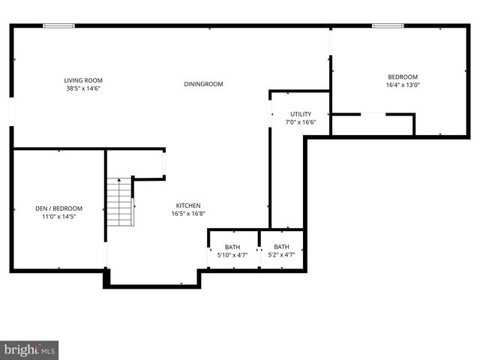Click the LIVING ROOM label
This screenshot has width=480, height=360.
pyautogui.click(x=82, y=80)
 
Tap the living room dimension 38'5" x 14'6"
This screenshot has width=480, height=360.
pyautogui.click(x=82, y=88)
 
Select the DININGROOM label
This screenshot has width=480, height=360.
pyautogui.click(x=203, y=84)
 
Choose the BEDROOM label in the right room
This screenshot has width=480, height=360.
pyautogui.click(x=403, y=77)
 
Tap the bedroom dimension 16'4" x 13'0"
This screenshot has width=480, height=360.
pyautogui.click(x=403, y=85)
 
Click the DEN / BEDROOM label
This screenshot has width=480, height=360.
pyautogui.click(x=58, y=208)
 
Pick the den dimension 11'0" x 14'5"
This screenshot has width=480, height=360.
pyautogui.click(x=58, y=217)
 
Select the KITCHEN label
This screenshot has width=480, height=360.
pyautogui.click(x=188, y=205)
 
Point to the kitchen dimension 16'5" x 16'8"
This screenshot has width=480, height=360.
pyautogui.click(x=188, y=214)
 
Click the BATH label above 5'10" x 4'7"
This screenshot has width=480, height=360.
pyautogui.click(x=232, y=247)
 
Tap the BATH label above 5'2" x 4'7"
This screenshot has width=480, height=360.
pyautogui.click(x=281, y=247)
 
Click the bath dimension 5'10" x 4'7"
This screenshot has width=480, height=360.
pyautogui.click(x=232, y=255)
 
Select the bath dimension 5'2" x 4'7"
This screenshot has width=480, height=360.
pyautogui.click(x=281, y=255)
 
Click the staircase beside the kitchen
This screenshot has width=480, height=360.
pyautogui.click(x=119, y=202)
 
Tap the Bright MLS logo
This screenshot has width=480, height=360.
pyautogui.click(x=30, y=349)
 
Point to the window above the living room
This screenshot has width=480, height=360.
pyautogui.click(x=58, y=26)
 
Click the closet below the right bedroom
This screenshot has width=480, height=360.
pyautogui.click(x=373, y=124)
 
